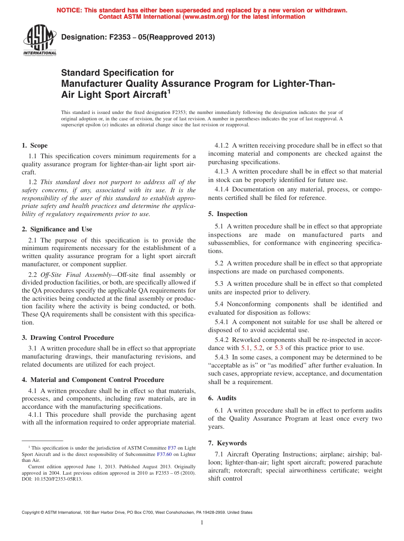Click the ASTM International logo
40,40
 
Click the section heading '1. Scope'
35,145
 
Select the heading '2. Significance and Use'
57,229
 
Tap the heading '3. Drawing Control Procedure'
68,338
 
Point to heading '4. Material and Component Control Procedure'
93,380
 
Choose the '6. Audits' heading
222,398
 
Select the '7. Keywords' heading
227,443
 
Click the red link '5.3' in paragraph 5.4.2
279,348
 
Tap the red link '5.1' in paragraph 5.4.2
246,348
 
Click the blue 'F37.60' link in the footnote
164,454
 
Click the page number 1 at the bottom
202,523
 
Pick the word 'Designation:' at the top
83,37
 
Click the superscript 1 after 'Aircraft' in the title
169,91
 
